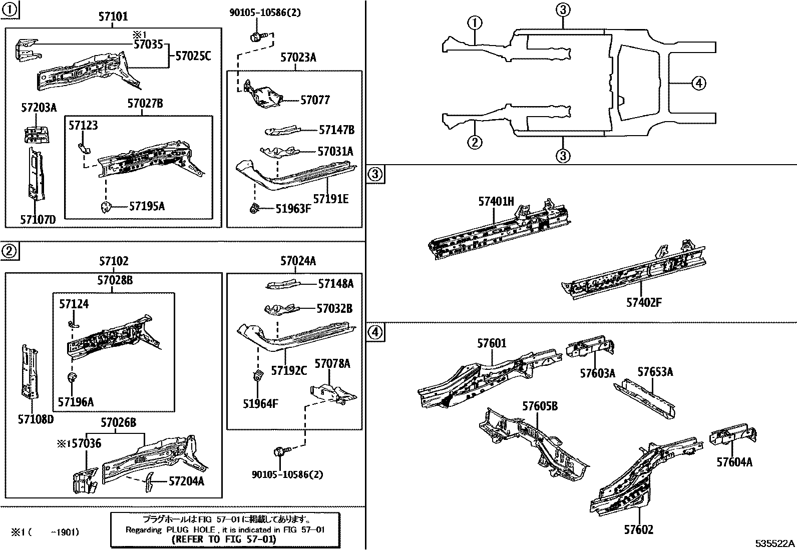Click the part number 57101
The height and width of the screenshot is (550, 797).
[x=113, y=17]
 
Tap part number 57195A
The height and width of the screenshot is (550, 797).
[x=147, y=206]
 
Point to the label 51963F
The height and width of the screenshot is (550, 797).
[x=293, y=209]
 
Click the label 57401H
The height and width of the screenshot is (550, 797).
[x=496, y=202]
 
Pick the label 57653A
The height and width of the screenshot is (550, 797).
[x=655, y=371]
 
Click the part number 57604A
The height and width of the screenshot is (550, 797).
[x=734, y=462]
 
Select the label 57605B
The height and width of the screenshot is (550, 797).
[x=540, y=406]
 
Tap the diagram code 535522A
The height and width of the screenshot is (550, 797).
[x=774, y=543]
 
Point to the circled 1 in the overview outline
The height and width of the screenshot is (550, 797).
[x=475, y=23]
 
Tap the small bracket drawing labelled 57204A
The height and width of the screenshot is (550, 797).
[x=149, y=482]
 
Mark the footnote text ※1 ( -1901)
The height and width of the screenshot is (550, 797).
[x=46, y=532]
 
